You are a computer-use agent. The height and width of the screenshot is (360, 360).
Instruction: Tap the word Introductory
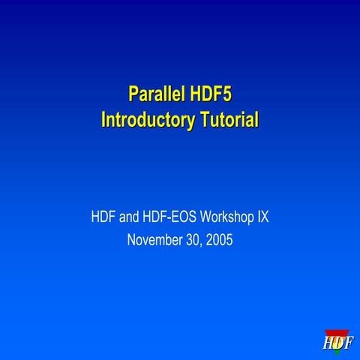coord(147,119)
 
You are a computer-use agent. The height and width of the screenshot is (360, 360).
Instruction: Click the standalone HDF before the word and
coord(104,218)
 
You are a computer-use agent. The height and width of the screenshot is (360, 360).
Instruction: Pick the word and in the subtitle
coord(132,218)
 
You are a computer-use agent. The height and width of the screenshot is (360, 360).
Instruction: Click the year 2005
coord(218,241)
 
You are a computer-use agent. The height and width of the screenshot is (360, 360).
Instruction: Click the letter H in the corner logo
coord(328,344)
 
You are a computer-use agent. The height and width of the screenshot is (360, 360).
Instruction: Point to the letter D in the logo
coord(338,344)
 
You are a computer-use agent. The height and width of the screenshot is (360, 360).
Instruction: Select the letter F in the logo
coord(348,344)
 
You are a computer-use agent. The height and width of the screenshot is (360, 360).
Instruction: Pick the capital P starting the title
coord(133,95)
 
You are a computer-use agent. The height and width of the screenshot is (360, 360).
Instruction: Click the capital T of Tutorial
coord(202,119)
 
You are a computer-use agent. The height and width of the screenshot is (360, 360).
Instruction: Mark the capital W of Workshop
coord(206,218)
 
